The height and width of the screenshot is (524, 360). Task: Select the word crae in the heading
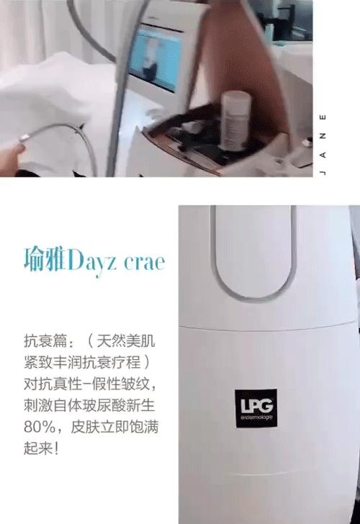click(x=144, y=260)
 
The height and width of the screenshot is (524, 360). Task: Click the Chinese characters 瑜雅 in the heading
click(x=46, y=258)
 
